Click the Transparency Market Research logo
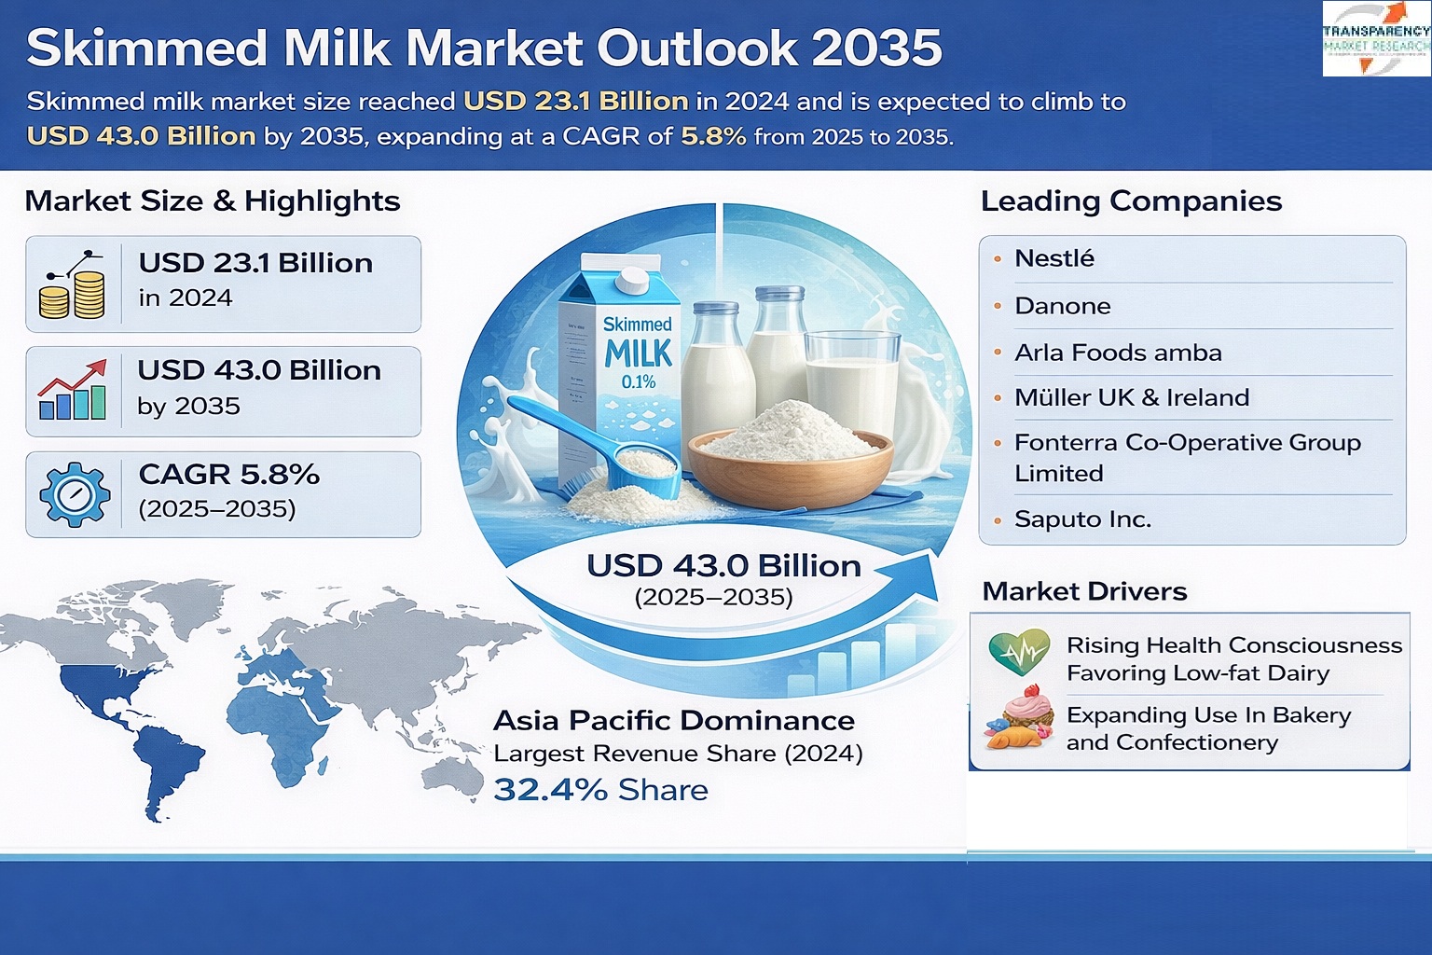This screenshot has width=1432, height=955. pyautogui.click(x=1376, y=38)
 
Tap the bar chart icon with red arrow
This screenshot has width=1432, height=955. pyautogui.click(x=73, y=391)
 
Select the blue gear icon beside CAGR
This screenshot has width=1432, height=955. pyautogui.click(x=75, y=494)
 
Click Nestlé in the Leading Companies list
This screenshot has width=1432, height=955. pyautogui.click(x=1053, y=258)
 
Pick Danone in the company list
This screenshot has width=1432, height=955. pyautogui.click(x=1062, y=306)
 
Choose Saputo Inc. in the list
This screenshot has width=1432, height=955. pyautogui.click(x=1082, y=519)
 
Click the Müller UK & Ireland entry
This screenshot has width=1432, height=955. pyautogui.click(x=1131, y=398)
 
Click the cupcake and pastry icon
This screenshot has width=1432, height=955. pyautogui.click(x=1019, y=719)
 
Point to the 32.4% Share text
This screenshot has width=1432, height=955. pyautogui.click(x=600, y=790)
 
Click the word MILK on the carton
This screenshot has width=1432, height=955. pyautogui.click(x=638, y=353)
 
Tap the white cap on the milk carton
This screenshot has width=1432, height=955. pyautogui.click(x=631, y=279)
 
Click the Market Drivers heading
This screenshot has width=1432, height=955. pyautogui.click(x=1084, y=591)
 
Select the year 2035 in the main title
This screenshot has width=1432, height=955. pyautogui.click(x=877, y=48)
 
